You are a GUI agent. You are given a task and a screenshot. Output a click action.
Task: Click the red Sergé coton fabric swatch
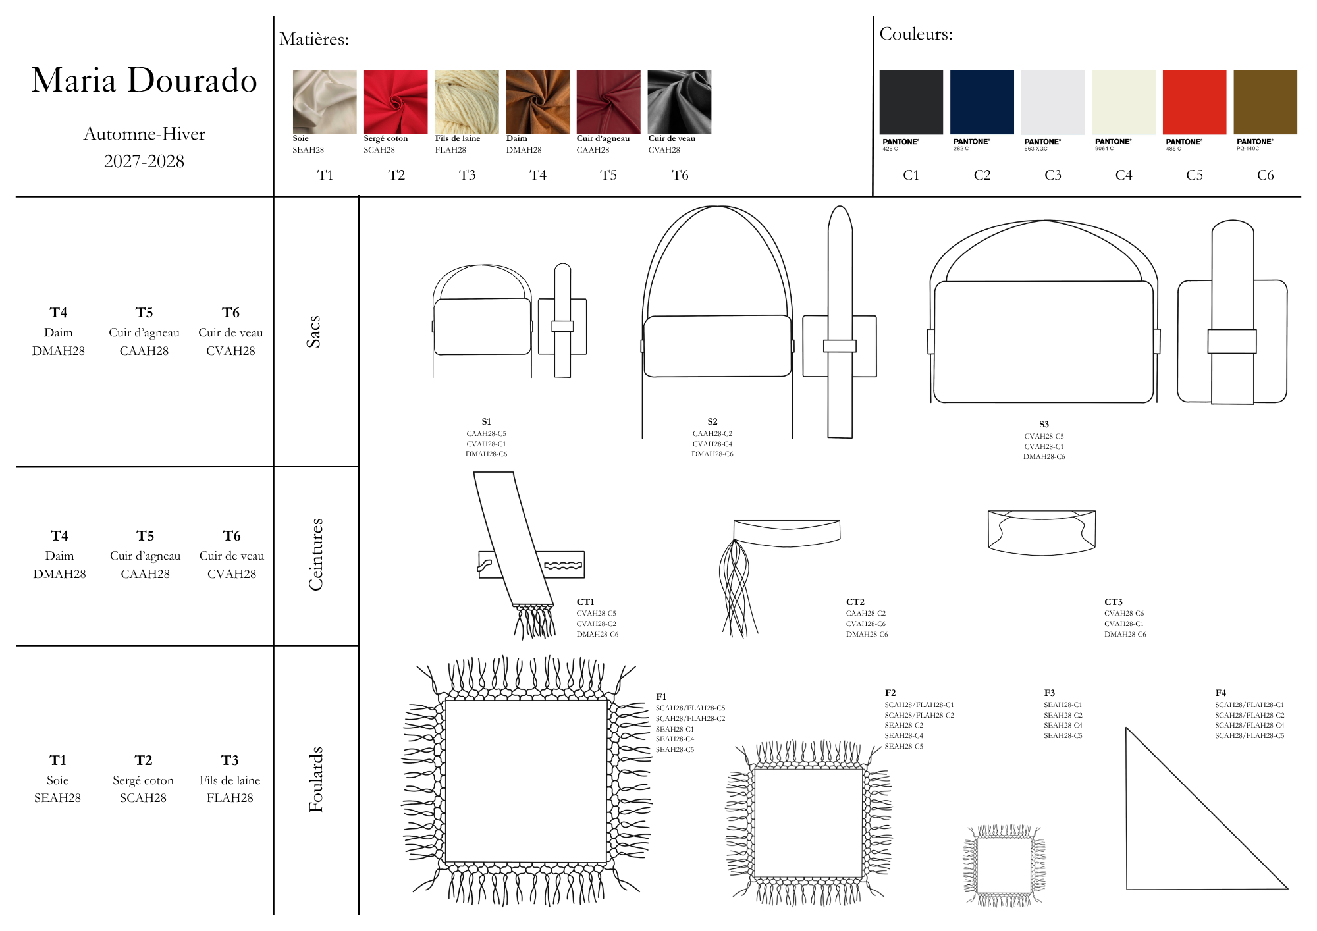tap(396, 102)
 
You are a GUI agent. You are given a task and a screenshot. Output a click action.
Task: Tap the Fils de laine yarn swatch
tap(467, 102)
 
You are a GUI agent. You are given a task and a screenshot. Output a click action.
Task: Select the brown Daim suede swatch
tap(538, 102)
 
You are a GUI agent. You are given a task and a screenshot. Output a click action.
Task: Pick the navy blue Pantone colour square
tap(982, 102)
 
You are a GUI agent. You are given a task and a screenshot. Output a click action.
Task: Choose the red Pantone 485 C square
tap(1195, 102)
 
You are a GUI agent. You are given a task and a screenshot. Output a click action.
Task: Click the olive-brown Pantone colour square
tap(1265, 102)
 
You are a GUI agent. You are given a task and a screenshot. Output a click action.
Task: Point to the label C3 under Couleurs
tap(1053, 175)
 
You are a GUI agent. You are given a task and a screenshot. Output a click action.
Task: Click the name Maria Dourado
tap(144, 80)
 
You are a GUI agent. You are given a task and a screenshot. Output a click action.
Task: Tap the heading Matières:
tap(314, 39)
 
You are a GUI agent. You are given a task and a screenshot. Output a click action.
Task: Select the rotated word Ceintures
tap(316, 554)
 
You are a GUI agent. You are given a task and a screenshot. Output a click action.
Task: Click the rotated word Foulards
tap(316, 779)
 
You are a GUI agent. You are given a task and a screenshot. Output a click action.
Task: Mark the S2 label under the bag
tap(712, 421)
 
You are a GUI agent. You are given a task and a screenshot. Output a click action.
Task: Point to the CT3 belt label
tap(1114, 602)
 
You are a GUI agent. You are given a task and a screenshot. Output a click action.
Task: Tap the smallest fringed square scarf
tap(1004, 866)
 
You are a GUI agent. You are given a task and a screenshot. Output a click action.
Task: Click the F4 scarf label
tap(1221, 693)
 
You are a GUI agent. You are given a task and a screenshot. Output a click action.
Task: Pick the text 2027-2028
tap(144, 161)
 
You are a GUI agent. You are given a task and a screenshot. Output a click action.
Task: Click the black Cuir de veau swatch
tap(680, 102)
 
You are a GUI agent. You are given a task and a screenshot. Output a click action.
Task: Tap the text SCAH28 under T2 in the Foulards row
tap(143, 798)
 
